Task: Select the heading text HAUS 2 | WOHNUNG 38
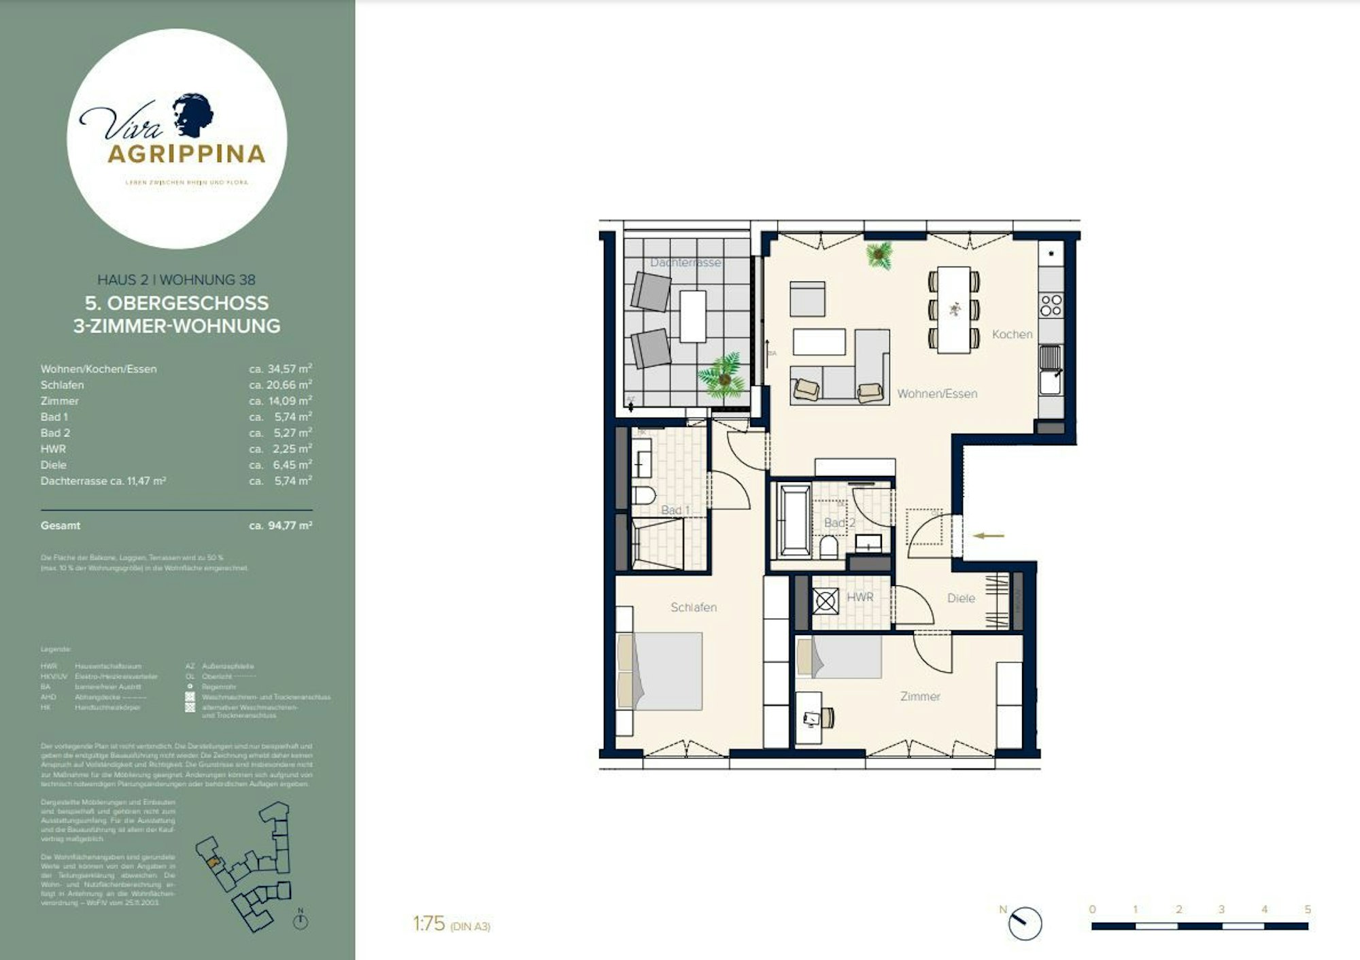point(176,279)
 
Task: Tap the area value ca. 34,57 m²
point(280,369)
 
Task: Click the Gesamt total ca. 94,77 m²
point(280,526)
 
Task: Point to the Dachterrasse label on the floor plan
point(685,262)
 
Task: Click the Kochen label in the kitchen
point(1012,335)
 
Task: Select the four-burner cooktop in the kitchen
point(1051,305)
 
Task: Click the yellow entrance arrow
point(988,536)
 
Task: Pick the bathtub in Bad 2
point(794,520)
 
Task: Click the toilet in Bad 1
point(643,494)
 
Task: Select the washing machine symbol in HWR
point(826,601)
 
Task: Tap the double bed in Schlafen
point(660,671)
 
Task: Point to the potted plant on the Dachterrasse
point(722,375)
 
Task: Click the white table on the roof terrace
point(692,316)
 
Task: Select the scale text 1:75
point(428,924)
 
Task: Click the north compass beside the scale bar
point(1023,924)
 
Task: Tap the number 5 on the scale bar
point(1307,910)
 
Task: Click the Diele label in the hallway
point(961,598)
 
